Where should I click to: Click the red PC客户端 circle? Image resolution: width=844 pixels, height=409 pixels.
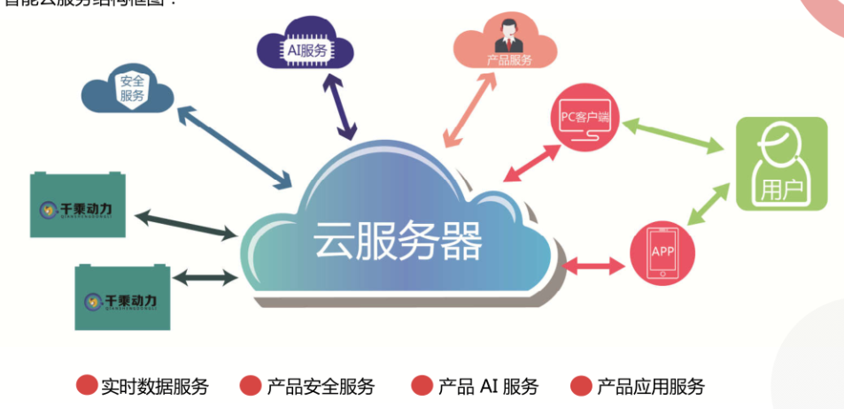coord(585,123)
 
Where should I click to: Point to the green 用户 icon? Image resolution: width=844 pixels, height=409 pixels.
coord(782,164)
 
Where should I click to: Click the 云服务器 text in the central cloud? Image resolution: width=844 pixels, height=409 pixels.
coord(398,240)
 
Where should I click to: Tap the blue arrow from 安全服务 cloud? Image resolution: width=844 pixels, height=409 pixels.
coord(234,147)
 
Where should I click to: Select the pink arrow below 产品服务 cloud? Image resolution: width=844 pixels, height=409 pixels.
coord(468,109)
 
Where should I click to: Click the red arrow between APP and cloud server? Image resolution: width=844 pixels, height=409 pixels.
coord(594,262)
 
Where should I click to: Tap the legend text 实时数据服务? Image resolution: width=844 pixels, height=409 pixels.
coord(155,386)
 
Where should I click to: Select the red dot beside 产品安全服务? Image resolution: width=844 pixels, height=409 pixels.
coord(251,386)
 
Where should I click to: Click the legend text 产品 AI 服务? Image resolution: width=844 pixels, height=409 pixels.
coord(488,386)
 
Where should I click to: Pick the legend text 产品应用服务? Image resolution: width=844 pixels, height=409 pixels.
coord(651,386)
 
